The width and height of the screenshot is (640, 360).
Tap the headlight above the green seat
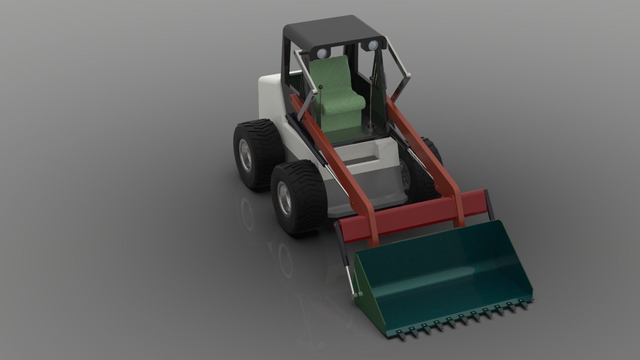pyautogui.click(x=322, y=52)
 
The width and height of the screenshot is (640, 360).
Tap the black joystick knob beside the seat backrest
pyautogui.click(x=321, y=87)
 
